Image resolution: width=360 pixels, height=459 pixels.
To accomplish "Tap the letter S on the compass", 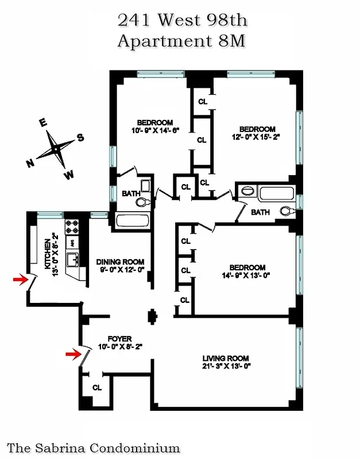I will [81, 137].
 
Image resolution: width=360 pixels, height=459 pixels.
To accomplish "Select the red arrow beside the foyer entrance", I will [72, 354].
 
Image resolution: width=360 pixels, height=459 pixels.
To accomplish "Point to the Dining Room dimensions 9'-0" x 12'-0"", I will [119, 269].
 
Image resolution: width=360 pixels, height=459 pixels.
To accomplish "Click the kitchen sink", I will [73, 261].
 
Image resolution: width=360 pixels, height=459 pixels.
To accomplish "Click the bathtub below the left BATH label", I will [132, 220].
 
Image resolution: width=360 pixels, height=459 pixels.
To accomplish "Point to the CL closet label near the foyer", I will [96, 387].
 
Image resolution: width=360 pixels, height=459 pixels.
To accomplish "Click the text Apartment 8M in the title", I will [182, 41].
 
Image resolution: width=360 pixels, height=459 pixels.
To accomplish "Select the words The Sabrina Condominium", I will [94, 448].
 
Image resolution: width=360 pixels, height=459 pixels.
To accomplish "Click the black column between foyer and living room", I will [153, 316].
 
